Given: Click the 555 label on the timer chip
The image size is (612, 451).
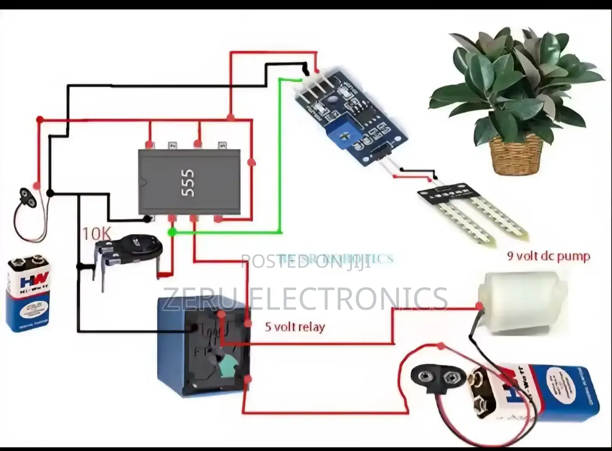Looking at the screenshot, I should tap(188, 183).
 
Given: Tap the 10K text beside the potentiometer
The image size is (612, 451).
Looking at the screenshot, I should tap(96, 234).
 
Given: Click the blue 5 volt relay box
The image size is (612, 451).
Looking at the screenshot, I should tap(203, 345).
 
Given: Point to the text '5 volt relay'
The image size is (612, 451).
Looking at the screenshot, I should tap(295, 327).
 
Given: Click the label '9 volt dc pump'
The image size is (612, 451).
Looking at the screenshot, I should tap(549, 256).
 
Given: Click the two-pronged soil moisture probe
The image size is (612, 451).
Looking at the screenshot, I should tap(474, 214).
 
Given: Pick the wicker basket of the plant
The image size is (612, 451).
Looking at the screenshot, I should tap(516, 155).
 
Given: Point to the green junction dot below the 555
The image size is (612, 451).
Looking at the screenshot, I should tap(172, 232).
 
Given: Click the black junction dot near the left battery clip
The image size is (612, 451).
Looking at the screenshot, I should tap(49, 193).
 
